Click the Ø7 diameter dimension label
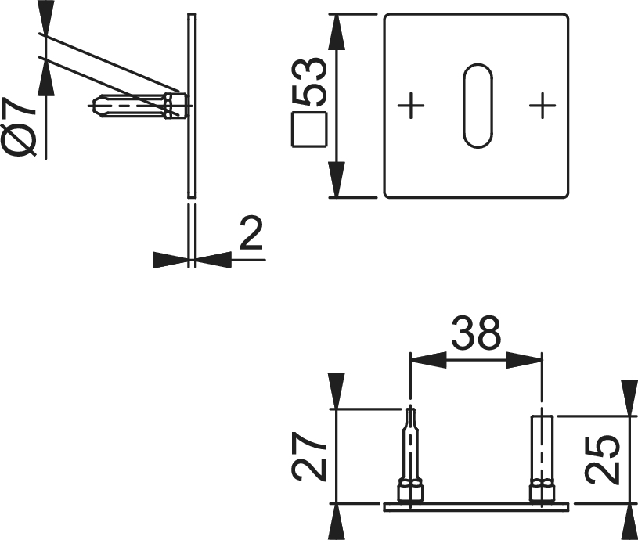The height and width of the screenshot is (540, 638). pos(20,128)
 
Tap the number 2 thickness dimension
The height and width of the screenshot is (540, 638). pos(251,232)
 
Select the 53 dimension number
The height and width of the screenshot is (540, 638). pos(310,81)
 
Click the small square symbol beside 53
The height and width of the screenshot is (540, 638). pos(309,129)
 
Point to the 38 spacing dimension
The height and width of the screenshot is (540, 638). pos(476,333)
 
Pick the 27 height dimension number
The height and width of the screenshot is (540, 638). pos(309,456)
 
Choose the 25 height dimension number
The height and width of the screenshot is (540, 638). pos(602,459)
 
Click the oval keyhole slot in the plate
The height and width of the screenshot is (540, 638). pos(478,106)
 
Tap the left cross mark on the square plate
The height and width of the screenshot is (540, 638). pos(411,106)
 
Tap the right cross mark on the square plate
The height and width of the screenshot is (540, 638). pos(542,106)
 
